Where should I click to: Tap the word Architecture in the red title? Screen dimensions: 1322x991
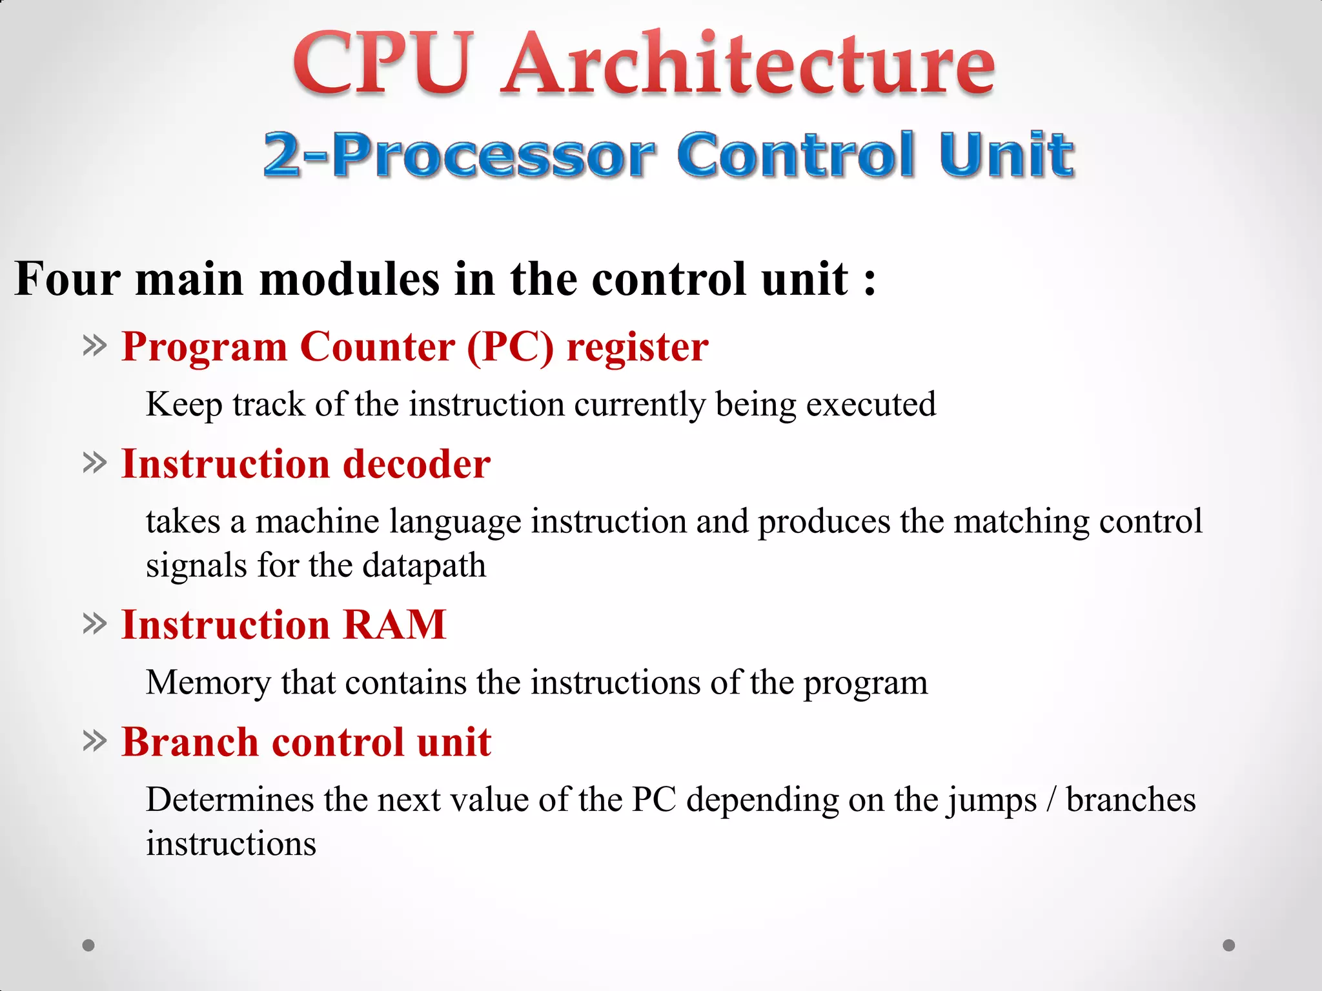point(749,65)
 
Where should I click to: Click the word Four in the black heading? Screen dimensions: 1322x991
point(67,279)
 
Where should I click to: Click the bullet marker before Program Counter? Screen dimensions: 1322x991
point(94,346)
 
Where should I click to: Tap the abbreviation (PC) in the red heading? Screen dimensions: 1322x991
point(510,348)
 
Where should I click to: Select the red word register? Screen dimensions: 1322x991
point(637,348)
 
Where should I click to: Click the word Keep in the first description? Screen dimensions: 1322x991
point(184,405)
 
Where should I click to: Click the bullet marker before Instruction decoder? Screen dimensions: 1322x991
point(94,463)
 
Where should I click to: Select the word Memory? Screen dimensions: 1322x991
point(208,683)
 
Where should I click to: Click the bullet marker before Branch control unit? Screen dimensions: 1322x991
point(94,741)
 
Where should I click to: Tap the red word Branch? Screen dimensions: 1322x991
point(190,742)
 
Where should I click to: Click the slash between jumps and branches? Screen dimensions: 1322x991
point(1052,800)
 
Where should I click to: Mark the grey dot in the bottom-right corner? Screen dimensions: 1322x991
point(1229,945)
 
